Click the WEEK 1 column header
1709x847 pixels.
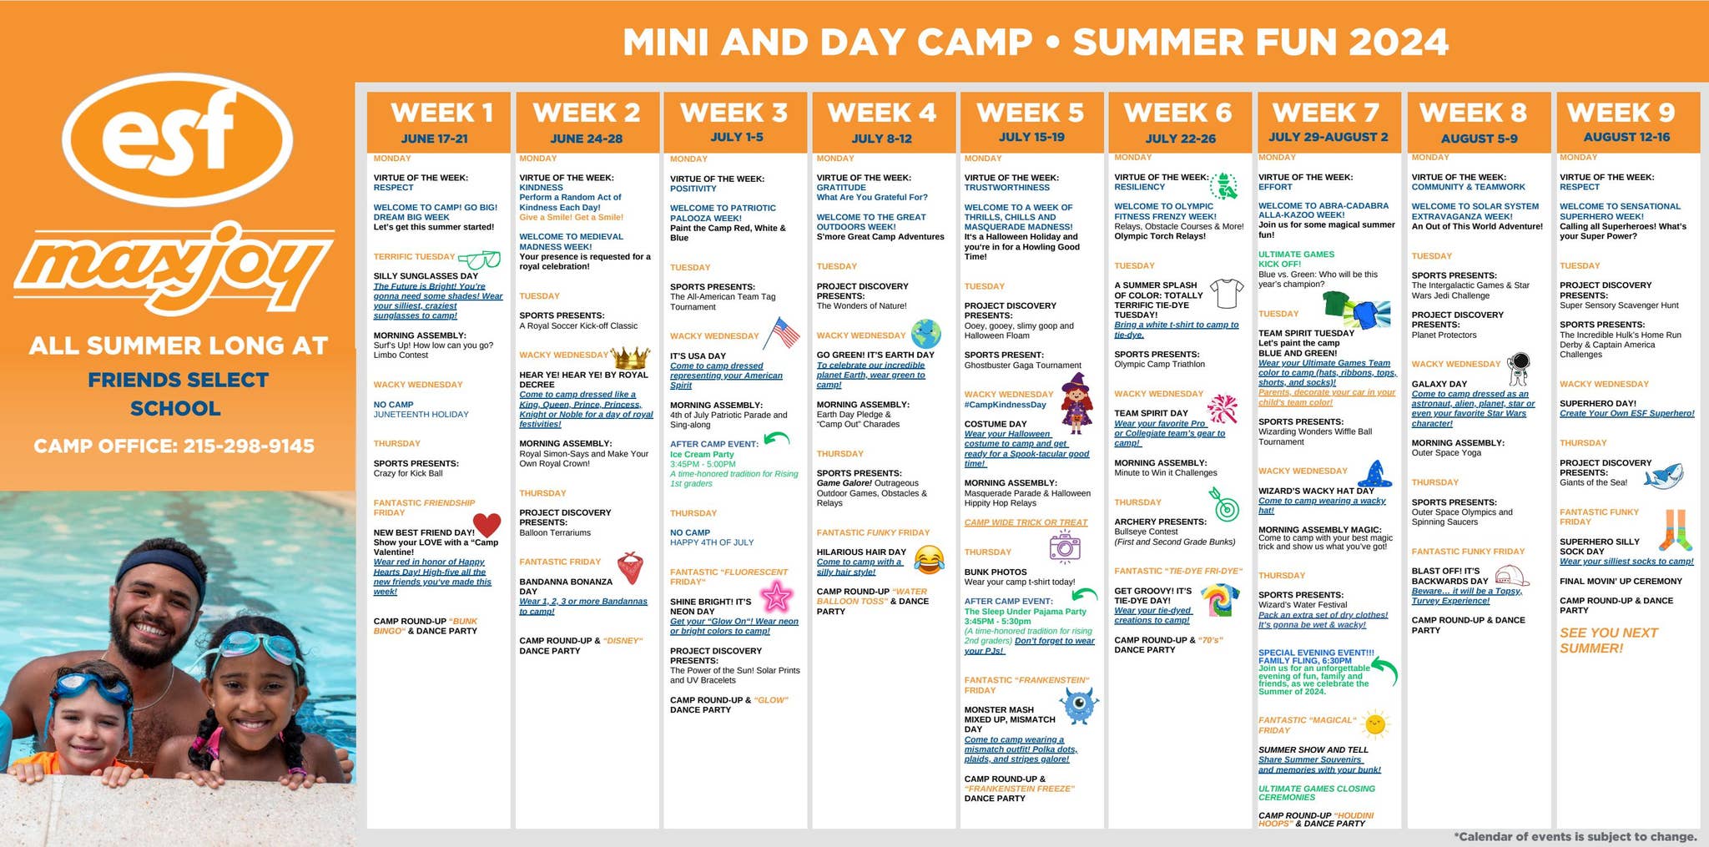441,113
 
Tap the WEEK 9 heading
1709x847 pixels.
1621,113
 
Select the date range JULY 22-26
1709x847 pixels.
1180,139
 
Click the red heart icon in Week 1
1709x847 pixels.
486,525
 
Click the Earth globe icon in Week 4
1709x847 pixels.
925,333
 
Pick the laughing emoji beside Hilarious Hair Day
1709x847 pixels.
929,558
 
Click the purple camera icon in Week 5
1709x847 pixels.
1064,547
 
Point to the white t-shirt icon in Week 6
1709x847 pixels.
1226,293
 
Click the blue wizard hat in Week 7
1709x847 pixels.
1375,474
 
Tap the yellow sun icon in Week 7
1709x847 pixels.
1374,725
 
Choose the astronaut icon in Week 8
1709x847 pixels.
1519,367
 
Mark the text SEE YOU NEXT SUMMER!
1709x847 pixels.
1608,640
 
